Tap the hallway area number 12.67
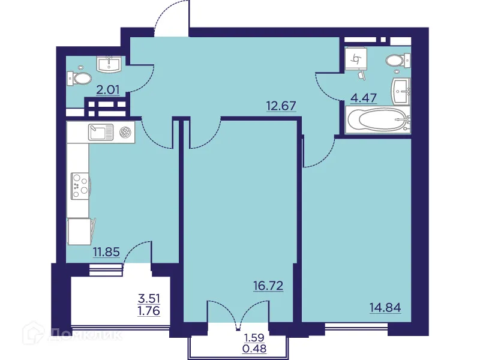281,107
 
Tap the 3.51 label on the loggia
149,298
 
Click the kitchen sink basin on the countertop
101,131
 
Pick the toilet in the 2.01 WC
80,78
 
